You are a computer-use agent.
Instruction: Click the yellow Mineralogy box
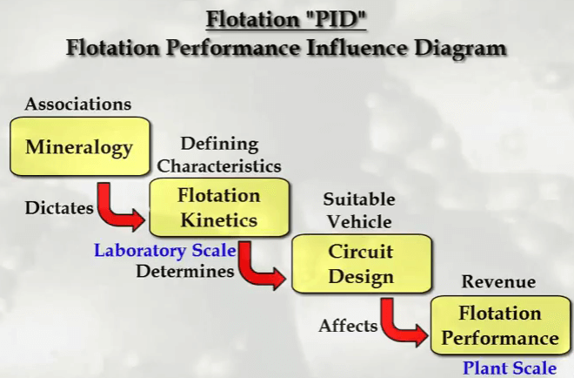pos(80,146)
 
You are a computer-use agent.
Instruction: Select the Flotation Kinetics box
pos(219,207)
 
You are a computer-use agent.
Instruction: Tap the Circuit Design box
pos(361,264)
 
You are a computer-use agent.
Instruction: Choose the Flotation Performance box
pos(500,325)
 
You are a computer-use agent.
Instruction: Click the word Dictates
pos(59,208)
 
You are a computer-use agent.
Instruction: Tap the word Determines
pos(185,272)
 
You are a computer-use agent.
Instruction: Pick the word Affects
pos(348,326)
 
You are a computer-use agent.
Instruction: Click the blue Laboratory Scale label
pos(165,251)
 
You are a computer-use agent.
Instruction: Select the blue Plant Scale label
pos(510,368)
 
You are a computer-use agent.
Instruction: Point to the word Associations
pos(78,104)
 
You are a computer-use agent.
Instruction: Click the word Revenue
pos(498,281)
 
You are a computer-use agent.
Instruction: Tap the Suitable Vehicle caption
pos(359,211)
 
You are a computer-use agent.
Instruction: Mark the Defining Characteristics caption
pos(219,155)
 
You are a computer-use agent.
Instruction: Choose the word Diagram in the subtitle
pos(461,49)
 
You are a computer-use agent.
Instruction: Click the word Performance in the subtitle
pos(233,48)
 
